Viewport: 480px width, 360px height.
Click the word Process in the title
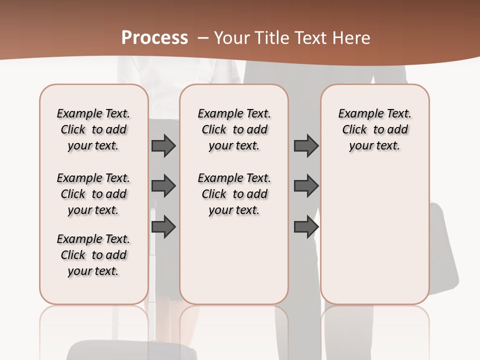click(154, 38)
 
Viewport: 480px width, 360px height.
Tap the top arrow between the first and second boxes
click(163, 145)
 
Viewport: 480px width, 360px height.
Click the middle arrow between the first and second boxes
click(163, 186)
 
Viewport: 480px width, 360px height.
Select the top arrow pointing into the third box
click(306, 145)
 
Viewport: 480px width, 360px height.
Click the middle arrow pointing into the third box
click(306, 186)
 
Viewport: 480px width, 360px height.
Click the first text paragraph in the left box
click(93, 129)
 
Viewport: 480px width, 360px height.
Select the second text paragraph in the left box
click(93, 194)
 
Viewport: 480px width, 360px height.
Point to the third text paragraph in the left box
click(93, 255)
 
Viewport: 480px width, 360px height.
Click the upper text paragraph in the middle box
click(234, 129)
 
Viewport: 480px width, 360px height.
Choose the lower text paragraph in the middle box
click(234, 194)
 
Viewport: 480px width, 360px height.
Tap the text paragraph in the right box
click(374, 129)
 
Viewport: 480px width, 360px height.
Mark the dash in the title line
click(203, 38)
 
